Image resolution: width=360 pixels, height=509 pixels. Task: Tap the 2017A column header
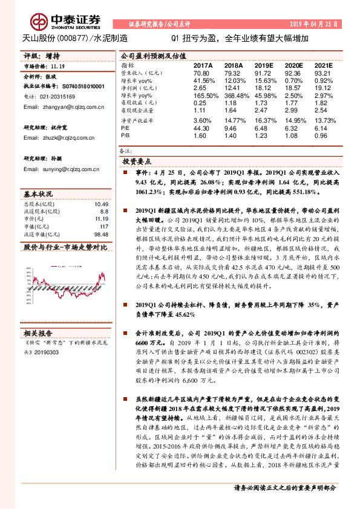[x=203, y=64]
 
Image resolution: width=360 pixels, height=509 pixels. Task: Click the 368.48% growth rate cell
[x=234, y=96]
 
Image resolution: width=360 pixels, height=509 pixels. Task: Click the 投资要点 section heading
[x=137, y=162]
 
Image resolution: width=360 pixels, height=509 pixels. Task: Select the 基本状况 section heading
[x=38, y=195]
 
